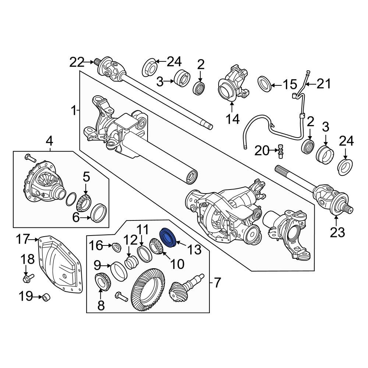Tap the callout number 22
coord(77,63)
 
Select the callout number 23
coord(337,233)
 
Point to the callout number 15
coord(290,85)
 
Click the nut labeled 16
coord(115,246)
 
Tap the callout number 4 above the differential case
coord(49,141)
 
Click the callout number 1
coord(74,110)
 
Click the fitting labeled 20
coord(281,151)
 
